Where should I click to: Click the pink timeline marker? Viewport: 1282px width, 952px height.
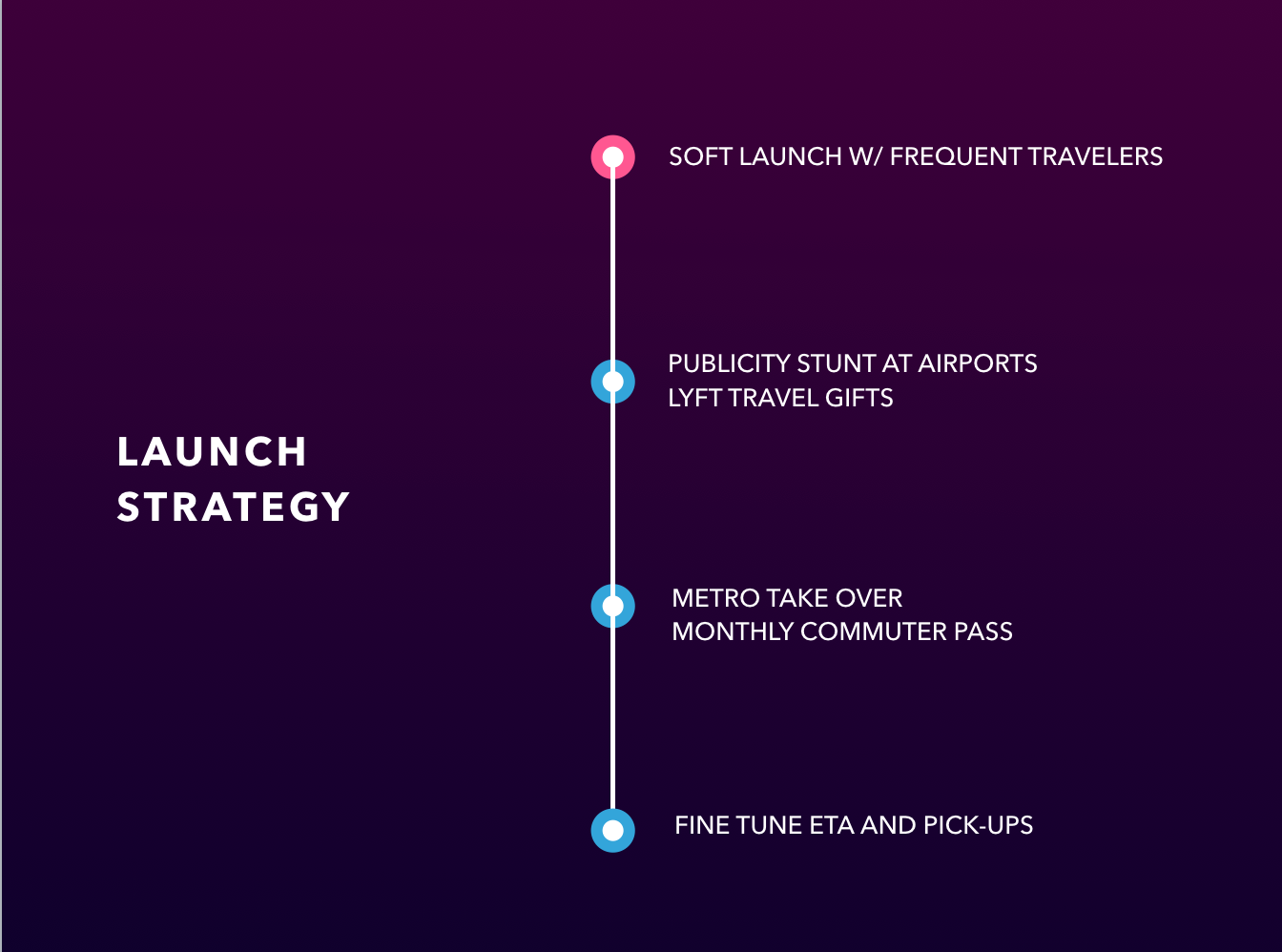pos(612,156)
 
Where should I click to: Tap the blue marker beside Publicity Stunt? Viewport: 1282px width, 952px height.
pos(612,382)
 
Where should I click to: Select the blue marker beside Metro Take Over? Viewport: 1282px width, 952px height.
pos(612,606)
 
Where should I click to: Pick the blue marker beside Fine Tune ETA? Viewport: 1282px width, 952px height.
pos(612,831)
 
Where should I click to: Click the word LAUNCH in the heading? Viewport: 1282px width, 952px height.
pos(212,451)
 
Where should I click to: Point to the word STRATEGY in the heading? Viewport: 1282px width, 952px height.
pos(233,507)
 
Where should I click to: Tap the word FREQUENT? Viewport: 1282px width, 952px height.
pos(955,156)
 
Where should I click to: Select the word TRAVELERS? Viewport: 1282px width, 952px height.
pos(1095,156)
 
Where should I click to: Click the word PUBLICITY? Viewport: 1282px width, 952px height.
pos(729,363)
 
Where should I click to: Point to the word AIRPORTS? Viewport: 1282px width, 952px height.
pos(978,363)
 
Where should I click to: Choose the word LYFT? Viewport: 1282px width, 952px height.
pos(694,398)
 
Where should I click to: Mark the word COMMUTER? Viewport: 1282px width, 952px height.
pos(874,631)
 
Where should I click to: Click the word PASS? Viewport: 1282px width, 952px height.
pos(983,631)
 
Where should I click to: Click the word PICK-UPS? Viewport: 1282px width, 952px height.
pos(978,825)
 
